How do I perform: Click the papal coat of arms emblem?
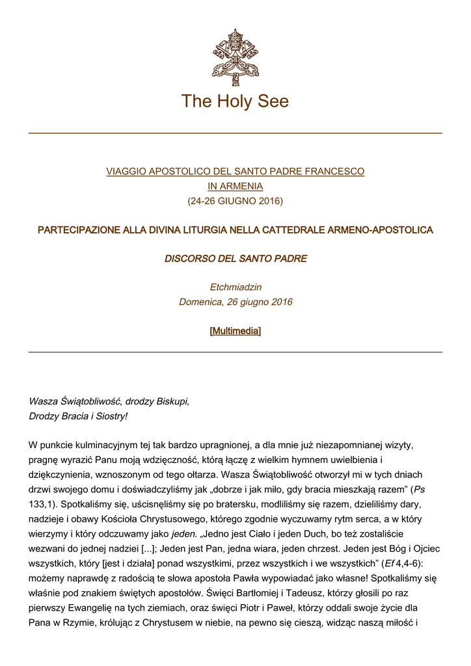click(x=235, y=57)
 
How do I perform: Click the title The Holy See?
click(x=235, y=101)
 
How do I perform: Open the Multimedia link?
click(x=235, y=331)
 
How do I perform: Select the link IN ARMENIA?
click(x=235, y=186)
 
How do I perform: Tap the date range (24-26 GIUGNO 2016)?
click(x=235, y=201)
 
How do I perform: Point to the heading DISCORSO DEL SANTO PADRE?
click(x=235, y=259)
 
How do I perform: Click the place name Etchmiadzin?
click(x=235, y=287)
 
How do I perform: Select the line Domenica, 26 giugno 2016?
click(x=235, y=302)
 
